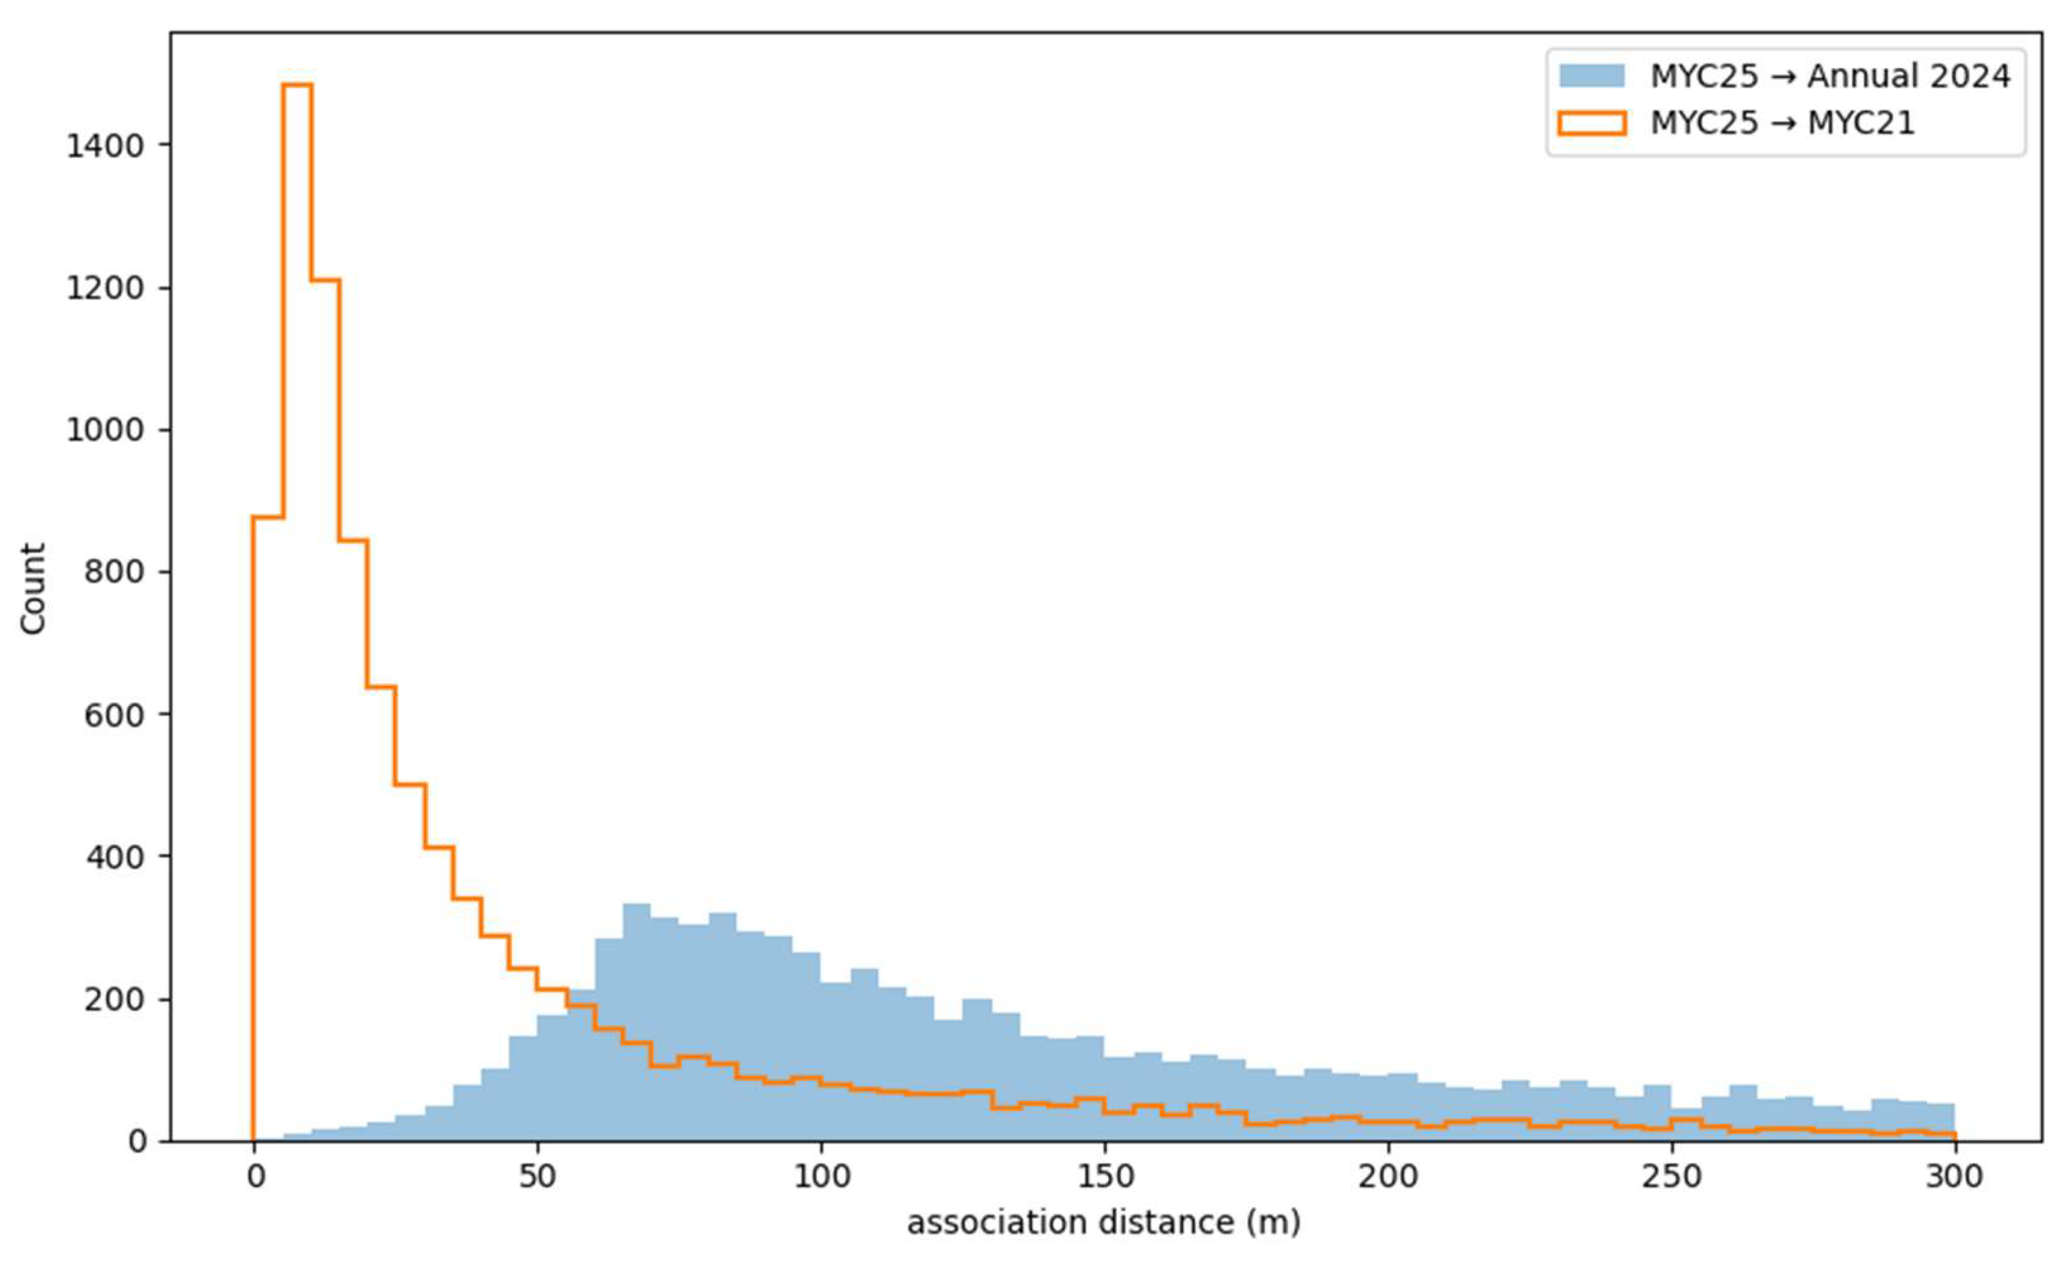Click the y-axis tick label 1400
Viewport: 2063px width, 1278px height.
pyautogui.click(x=105, y=146)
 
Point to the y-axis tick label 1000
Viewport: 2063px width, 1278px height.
pyautogui.click(x=105, y=430)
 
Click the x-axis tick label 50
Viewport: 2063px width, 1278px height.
pyautogui.click(x=537, y=1176)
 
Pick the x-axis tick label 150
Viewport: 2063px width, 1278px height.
pyautogui.click(x=1105, y=1176)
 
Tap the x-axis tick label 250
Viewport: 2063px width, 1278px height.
pyautogui.click(x=1671, y=1176)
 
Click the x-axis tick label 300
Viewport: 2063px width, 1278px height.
pyautogui.click(x=1954, y=1176)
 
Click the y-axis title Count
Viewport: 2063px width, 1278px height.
pyautogui.click(x=33, y=588)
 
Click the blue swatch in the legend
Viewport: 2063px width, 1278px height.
pyautogui.click(x=1591, y=76)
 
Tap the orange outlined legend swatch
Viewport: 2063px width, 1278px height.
pyautogui.click(x=1591, y=123)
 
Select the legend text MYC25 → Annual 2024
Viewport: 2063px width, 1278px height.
pyautogui.click(x=1830, y=76)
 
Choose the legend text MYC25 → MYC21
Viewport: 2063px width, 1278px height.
pyautogui.click(x=1782, y=123)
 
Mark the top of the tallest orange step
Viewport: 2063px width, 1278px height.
pyautogui.click(x=297, y=85)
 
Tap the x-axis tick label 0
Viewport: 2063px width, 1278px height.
pyautogui.click(x=254, y=1176)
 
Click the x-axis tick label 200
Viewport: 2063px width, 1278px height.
pyautogui.click(x=1387, y=1176)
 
